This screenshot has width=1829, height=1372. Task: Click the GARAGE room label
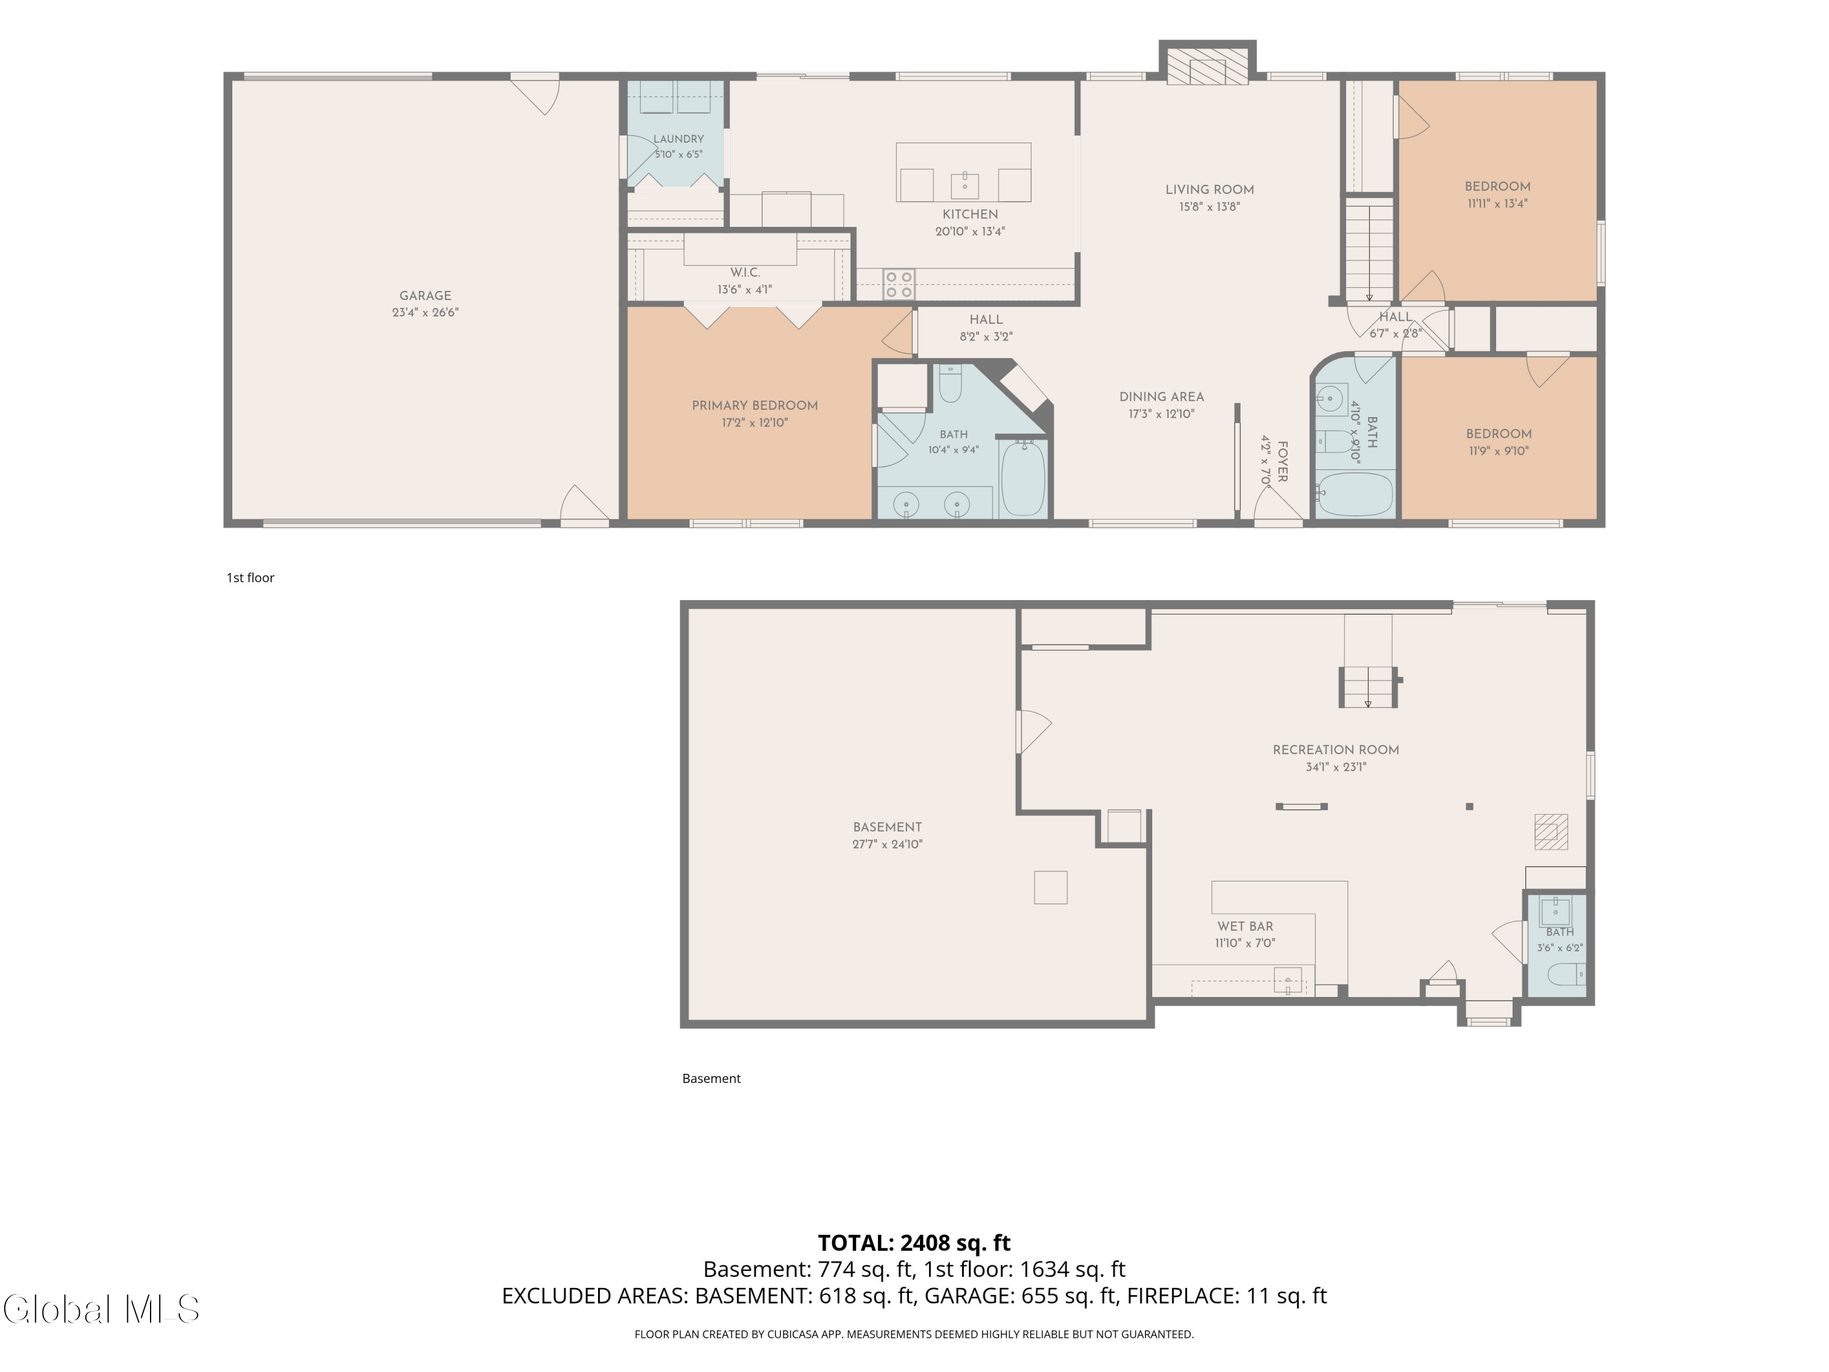[x=425, y=295]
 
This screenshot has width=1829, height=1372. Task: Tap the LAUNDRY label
[x=678, y=139]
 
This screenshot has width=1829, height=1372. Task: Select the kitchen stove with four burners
[x=898, y=284]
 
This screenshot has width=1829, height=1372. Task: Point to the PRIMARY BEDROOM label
[x=754, y=406]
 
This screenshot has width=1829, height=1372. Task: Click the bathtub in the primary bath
[x=1024, y=478]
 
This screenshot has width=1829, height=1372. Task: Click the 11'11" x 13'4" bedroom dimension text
[x=1497, y=204]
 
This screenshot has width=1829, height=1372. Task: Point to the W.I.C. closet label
[x=744, y=272]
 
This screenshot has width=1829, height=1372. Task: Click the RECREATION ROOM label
[x=1335, y=750]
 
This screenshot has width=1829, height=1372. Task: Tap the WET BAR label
[x=1244, y=926]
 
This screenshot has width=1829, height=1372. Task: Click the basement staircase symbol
[x=1367, y=687]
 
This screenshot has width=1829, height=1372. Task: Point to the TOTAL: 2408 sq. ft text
[x=914, y=1243]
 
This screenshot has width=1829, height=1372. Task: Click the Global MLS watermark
[x=101, y=1309]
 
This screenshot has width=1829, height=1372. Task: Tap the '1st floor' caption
[x=251, y=577]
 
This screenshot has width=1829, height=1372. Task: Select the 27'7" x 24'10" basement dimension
[x=887, y=845]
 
